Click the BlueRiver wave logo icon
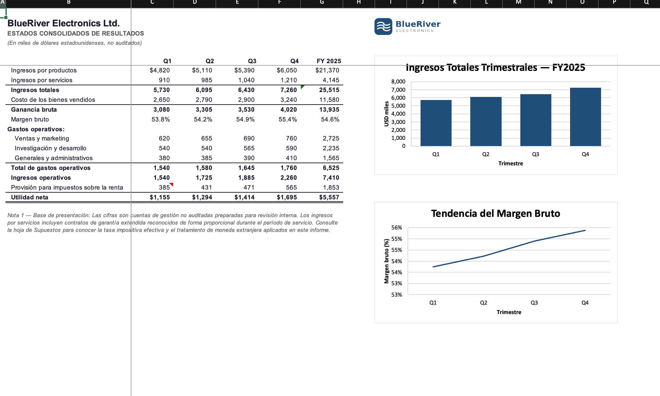[x=383, y=26]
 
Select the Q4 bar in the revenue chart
[x=585, y=117]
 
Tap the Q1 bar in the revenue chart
[x=436, y=123]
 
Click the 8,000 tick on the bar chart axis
[x=398, y=82]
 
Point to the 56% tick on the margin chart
[x=397, y=228]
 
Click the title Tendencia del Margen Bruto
[x=495, y=213]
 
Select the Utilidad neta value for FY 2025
[x=329, y=197]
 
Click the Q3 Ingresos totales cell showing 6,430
[x=246, y=90]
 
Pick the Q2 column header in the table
[x=210, y=61]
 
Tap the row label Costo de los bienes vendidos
[x=53, y=100]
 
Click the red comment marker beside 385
[x=172, y=184]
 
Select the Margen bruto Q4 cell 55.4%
[x=288, y=119]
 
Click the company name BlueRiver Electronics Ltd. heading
[x=64, y=23]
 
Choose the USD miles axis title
[x=386, y=114]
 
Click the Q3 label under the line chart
[x=534, y=303]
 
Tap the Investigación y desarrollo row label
[x=50, y=148]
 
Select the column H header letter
[x=359, y=2]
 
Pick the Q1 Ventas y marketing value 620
[x=164, y=138]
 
